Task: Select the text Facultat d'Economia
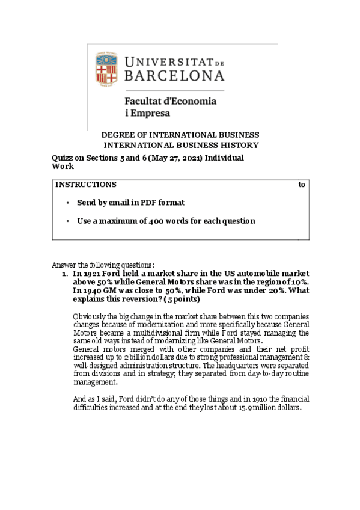tap(170, 101)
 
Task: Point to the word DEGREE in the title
tap(119, 135)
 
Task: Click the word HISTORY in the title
tap(239, 145)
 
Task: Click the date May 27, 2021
tap(183, 158)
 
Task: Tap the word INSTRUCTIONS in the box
tap(86, 185)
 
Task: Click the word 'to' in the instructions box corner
tap(302, 185)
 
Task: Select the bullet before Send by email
tap(69, 203)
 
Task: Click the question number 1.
tap(64, 274)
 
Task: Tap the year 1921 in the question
tap(94, 274)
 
